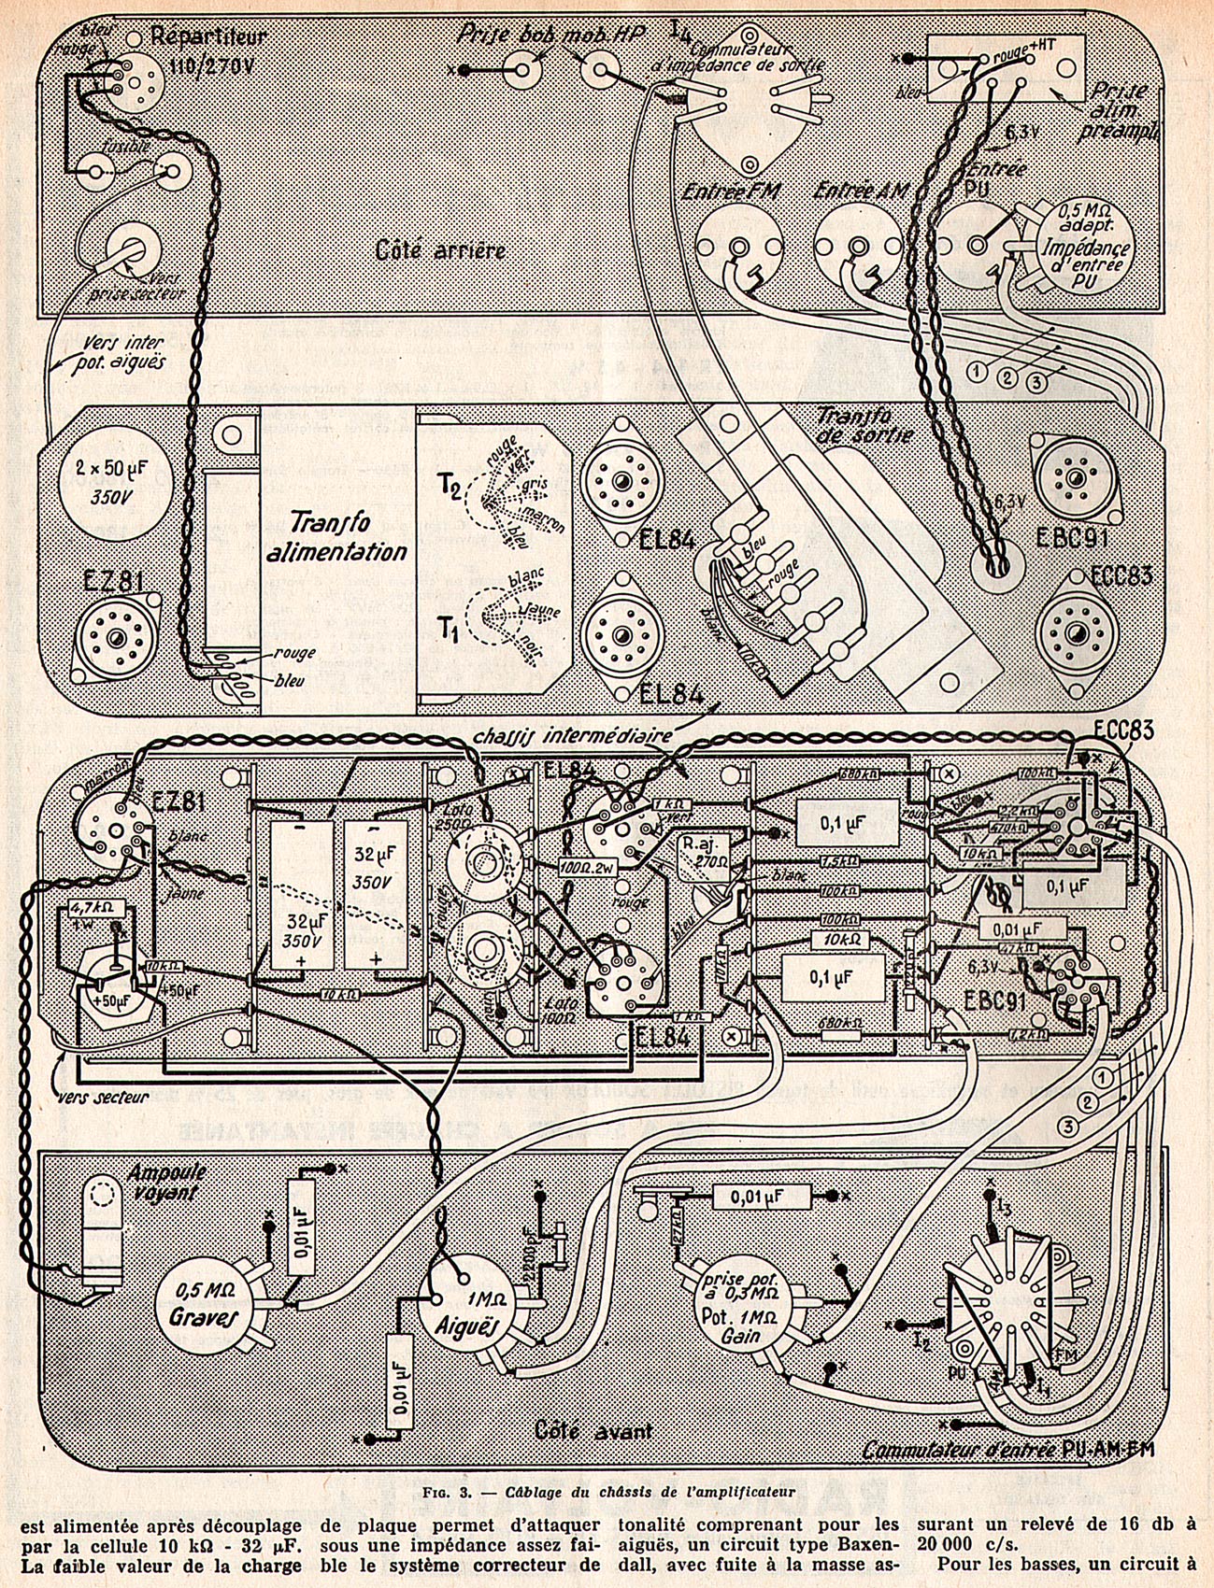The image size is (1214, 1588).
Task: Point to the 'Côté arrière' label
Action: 440,249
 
